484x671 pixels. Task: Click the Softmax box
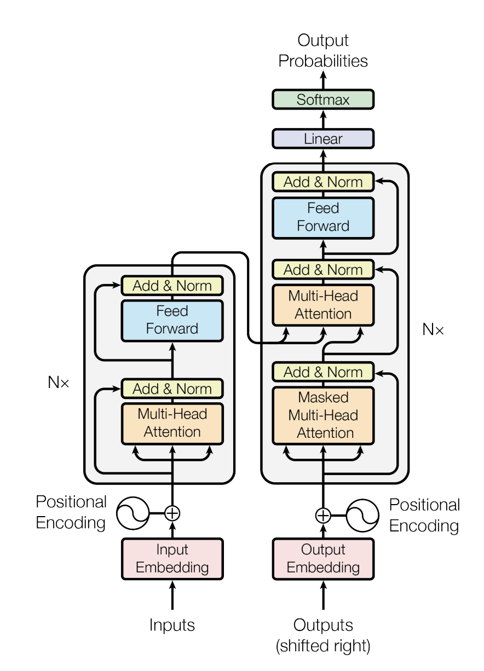point(323,100)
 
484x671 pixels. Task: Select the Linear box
point(323,138)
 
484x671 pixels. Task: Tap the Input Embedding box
point(172,558)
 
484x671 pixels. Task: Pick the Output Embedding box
point(323,558)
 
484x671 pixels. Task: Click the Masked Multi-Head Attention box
point(323,415)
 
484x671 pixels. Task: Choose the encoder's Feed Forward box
point(172,320)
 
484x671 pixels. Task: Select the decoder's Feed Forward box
point(323,217)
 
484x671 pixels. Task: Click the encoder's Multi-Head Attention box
point(172,422)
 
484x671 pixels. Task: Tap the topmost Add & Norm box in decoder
point(323,182)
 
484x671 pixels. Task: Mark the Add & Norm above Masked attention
point(323,372)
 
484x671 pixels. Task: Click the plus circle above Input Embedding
point(172,513)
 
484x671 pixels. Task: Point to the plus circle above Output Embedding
point(323,515)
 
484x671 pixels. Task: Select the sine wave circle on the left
point(132,513)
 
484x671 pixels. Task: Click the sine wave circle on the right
point(363,515)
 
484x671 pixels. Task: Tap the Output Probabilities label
point(323,50)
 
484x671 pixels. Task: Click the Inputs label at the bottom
point(172,625)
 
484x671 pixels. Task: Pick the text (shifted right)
point(323,646)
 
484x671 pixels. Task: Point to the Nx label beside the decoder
point(433,329)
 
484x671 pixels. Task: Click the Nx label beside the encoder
point(59,383)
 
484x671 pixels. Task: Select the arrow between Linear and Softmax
point(323,119)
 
